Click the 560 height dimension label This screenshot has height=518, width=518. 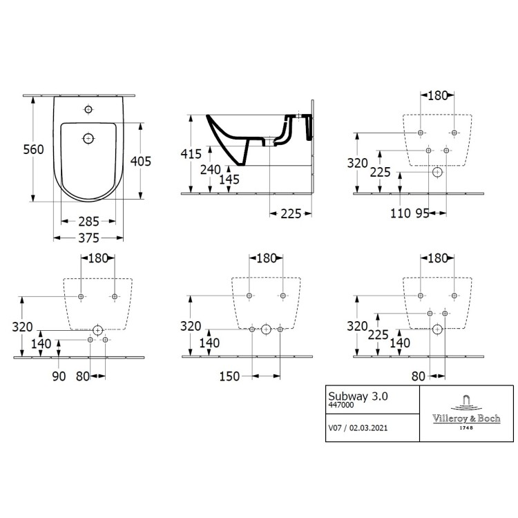33,149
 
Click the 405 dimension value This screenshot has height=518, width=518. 141,161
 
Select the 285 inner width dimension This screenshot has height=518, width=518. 88,221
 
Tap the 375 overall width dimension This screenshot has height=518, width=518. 88,238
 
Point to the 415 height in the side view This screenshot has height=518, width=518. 191,153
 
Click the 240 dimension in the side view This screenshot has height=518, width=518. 211,169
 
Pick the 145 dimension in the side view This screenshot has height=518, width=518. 229,180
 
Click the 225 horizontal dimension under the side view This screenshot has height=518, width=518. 291,213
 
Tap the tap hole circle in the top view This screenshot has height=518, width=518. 88,109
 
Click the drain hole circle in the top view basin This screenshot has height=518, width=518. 88,138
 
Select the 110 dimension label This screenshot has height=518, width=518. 401,213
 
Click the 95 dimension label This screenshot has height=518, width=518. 422,213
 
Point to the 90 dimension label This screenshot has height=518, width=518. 59,376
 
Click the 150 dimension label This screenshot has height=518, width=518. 229,376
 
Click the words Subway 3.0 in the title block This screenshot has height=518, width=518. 358,396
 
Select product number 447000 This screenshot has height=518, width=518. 341,405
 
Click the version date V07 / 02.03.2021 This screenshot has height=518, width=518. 358,428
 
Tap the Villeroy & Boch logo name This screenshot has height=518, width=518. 466,419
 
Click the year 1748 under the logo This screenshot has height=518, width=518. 466,428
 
